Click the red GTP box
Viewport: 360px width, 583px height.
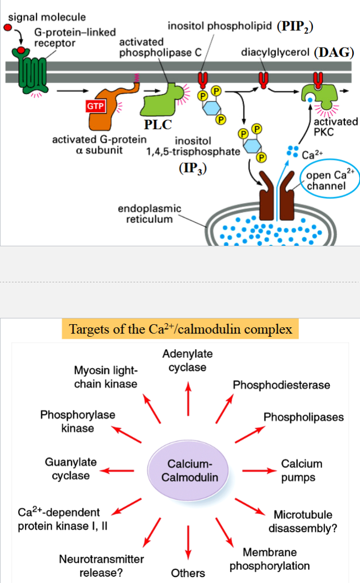(96, 107)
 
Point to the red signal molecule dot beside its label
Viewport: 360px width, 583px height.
(7, 26)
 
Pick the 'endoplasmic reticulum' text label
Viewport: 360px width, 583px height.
(149, 214)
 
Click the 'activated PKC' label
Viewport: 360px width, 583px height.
(335, 127)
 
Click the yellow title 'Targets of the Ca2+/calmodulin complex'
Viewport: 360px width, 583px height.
(181, 329)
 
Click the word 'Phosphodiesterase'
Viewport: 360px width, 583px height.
(281, 385)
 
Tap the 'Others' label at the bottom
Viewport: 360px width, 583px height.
(188, 573)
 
